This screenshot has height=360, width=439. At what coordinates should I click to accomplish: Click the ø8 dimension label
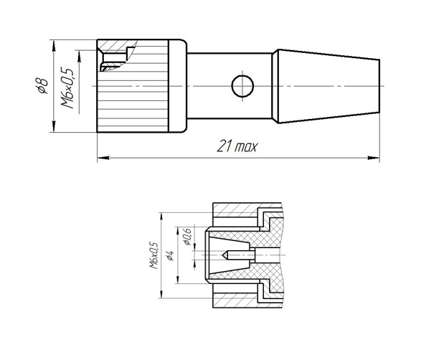pos(42,85)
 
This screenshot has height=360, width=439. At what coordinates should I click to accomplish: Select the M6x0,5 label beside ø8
pos(67,87)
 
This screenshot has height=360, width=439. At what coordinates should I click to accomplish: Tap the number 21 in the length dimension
pos(224,146)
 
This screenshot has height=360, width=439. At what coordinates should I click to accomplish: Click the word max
pos(245,147)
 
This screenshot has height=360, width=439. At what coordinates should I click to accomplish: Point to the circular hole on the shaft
pos(242,86)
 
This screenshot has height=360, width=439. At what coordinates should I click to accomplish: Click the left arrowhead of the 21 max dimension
pos(103,158)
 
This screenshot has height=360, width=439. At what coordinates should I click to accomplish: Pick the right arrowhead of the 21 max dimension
pos(374,158)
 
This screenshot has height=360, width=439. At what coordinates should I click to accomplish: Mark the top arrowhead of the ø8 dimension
pos(54,45)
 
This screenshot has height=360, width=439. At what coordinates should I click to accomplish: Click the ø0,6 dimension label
pos(187,237)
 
